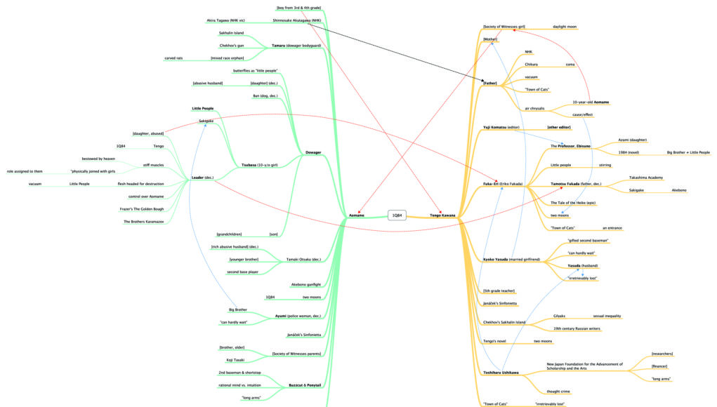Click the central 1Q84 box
point(397,215)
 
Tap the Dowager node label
point(313,152)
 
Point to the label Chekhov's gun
point(231,45)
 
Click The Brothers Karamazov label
point(143,222)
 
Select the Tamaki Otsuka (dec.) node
point(303,260)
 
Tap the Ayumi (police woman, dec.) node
point(298,316)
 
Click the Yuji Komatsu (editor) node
point(501,128)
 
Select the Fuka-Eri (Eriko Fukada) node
point(499,184)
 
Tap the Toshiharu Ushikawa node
point(501,372)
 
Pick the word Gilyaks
point(559,316)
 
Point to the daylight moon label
point(565,27)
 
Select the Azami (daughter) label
point(632,140)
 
